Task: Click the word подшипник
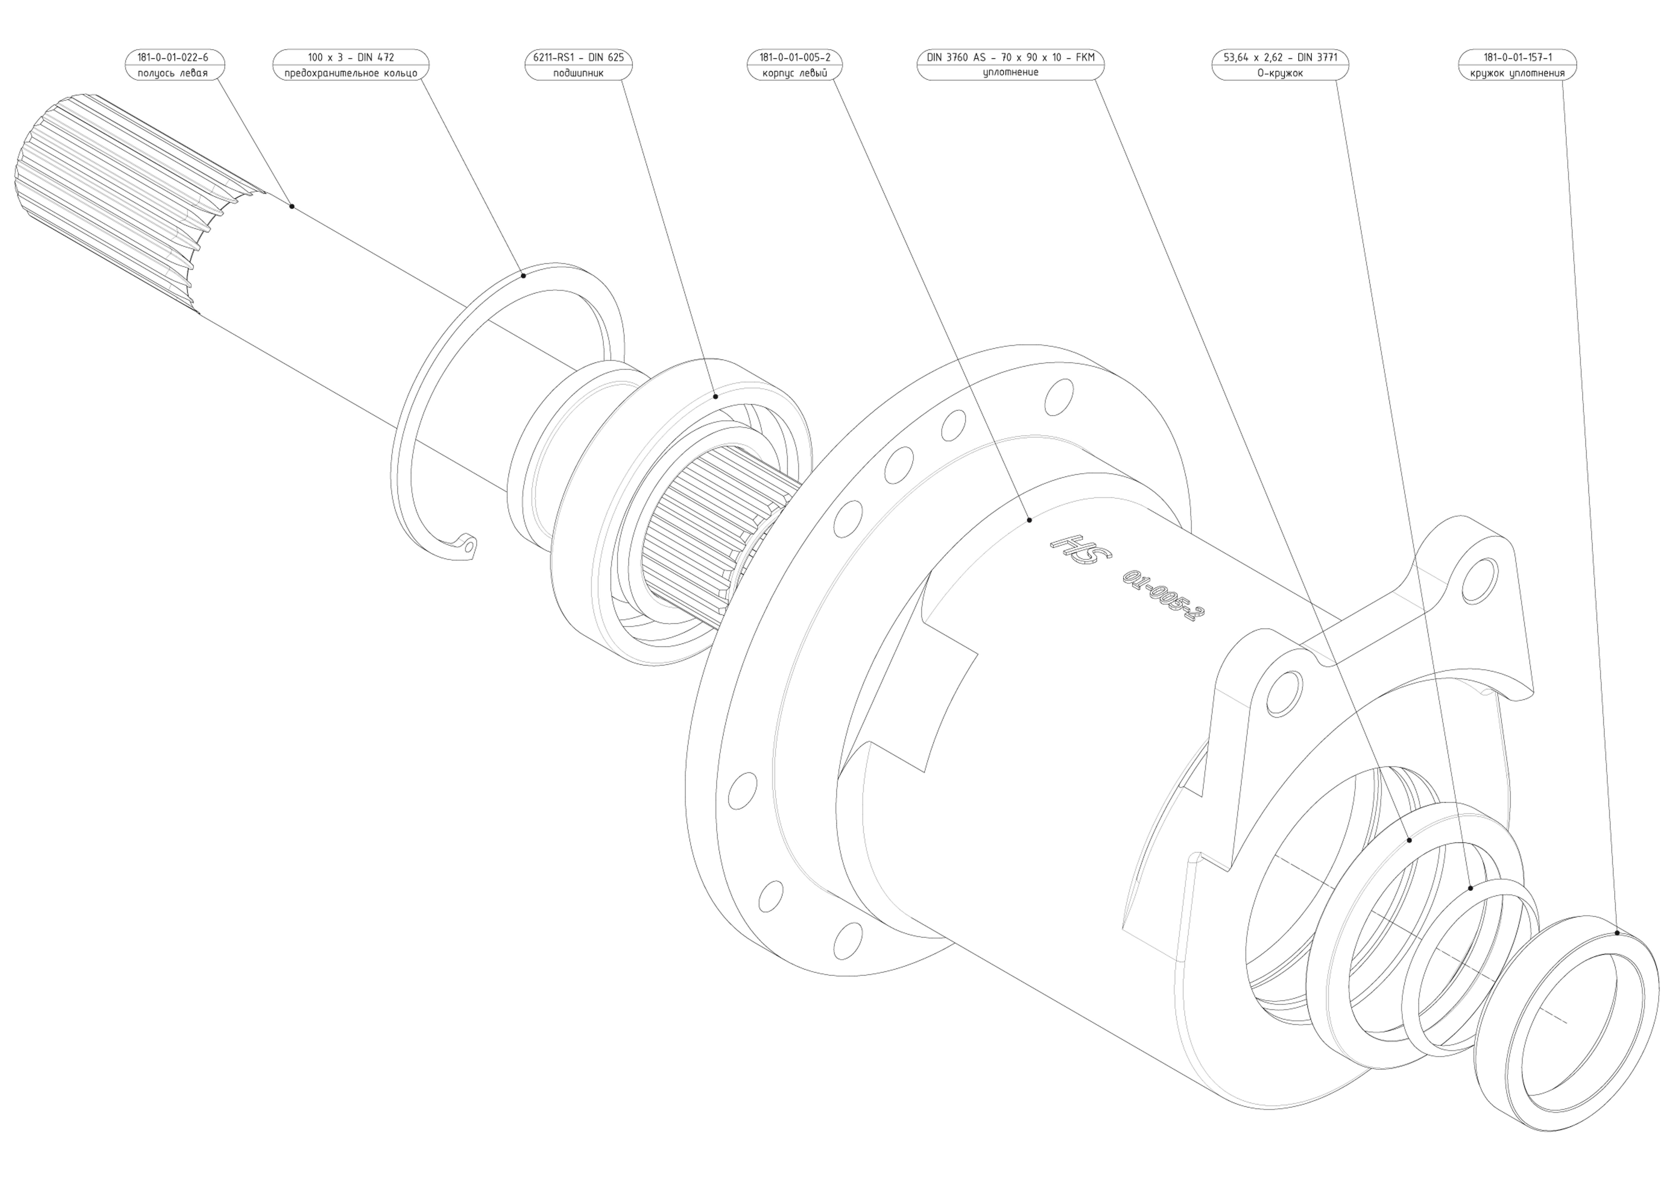[x=578, y=73]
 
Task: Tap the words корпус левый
[x=795, y=73]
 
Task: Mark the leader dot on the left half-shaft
[x=292, y=206]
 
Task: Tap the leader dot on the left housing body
[x=1029, y=520]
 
